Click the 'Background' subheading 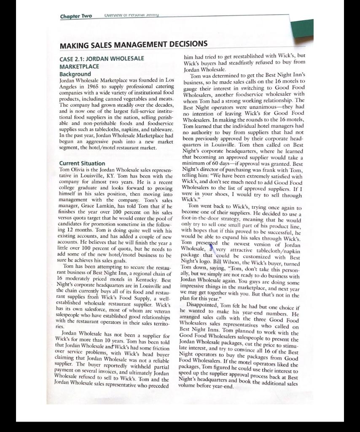pyautogui.click(x=75, y=74)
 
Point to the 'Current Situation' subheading pyautogui.click(x=83, y=163)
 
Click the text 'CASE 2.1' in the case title pyautogui.click(x=74, y=58)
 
